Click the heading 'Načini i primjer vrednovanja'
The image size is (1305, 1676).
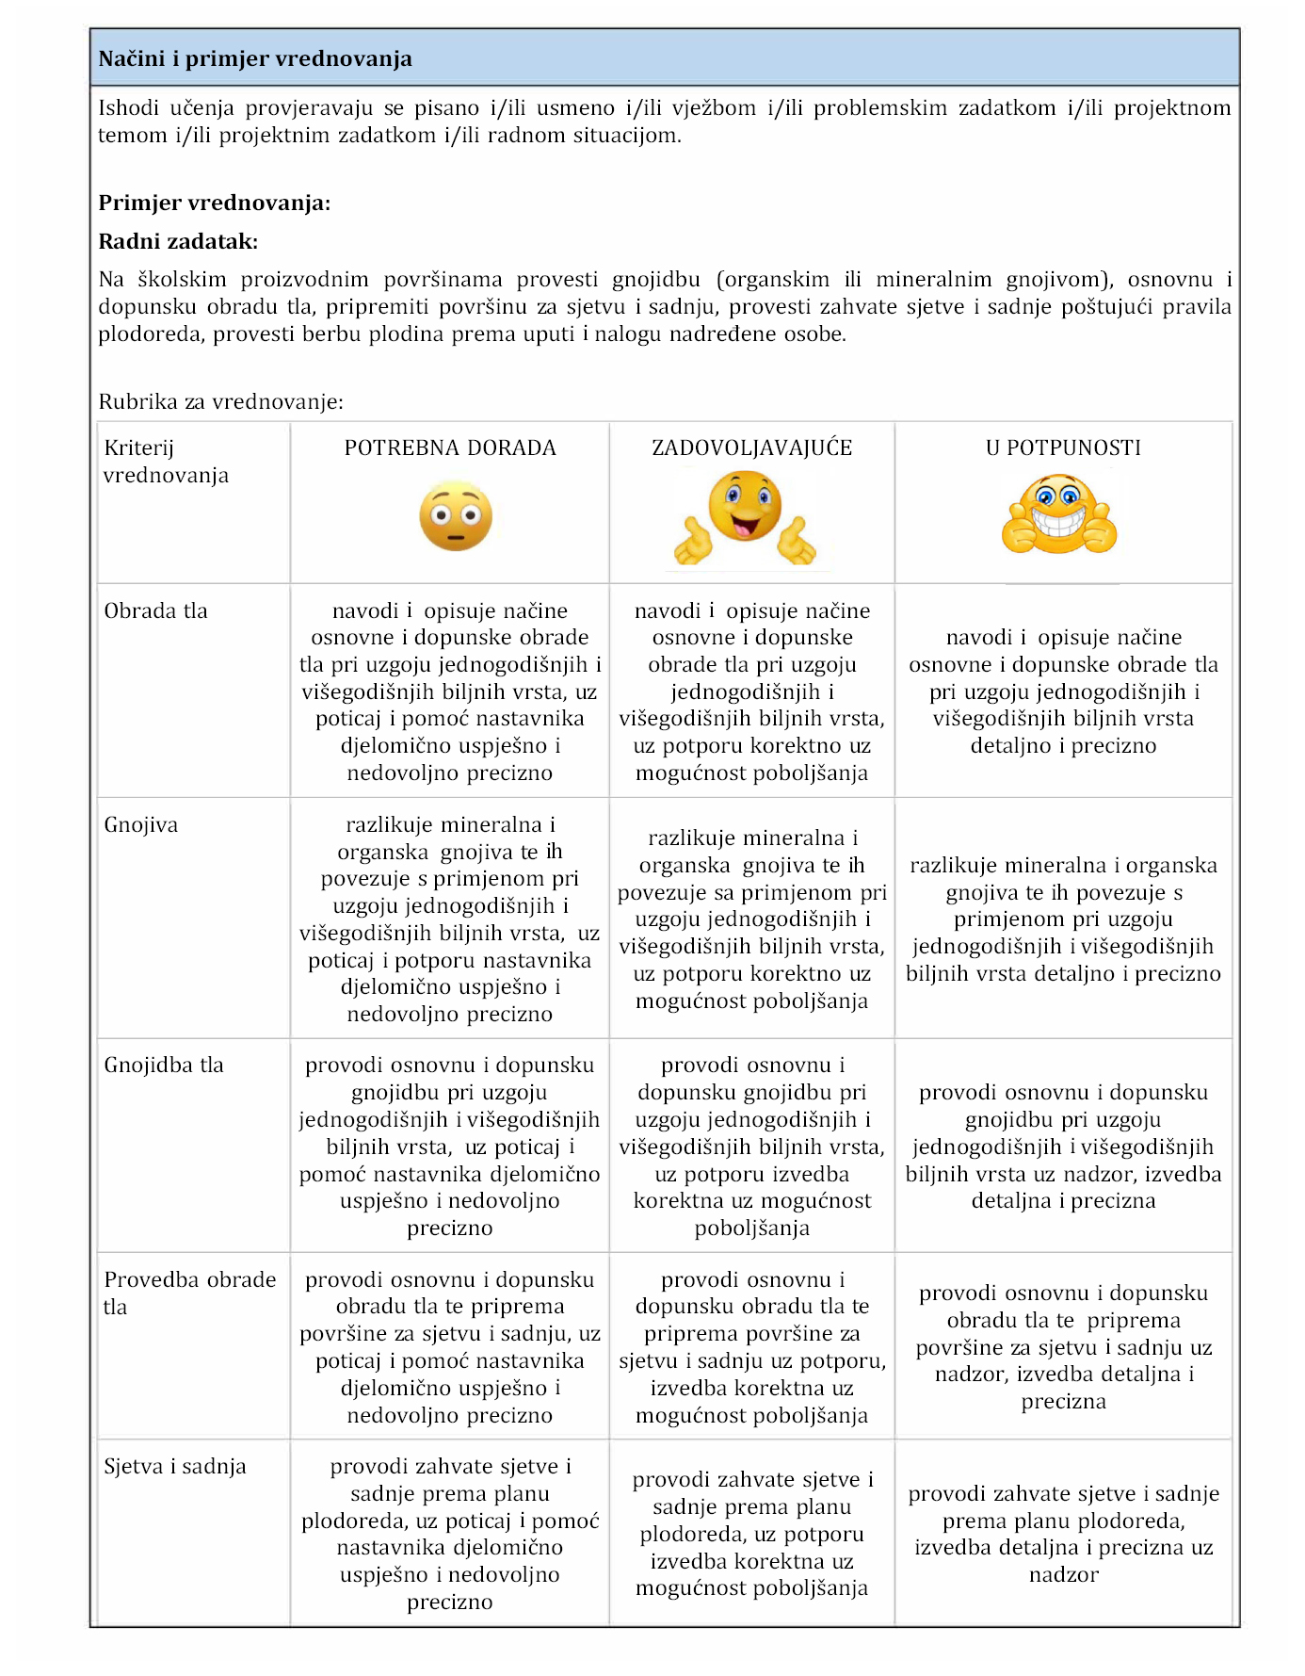click(x=255, y=59)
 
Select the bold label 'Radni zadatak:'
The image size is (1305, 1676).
click(x=178, y=242)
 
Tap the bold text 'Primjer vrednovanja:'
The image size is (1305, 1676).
click(x=215, y=203)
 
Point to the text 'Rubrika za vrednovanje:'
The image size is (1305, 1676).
click(x=221, y=402)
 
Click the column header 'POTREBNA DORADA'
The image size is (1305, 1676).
click(x=450, y=448)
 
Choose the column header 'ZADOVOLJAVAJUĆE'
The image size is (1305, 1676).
click(x=751, y=448)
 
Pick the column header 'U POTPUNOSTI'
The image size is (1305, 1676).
click(x=1063, y=448)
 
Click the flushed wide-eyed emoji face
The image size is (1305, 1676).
click(x=456, y=517)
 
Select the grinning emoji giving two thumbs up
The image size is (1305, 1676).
click(x=1059, y=515)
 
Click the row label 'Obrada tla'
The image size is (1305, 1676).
click(x=155, y=611)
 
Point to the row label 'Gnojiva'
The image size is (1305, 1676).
click(x=141, y=825)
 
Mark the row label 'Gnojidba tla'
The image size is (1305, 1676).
click(x=164, y=1066)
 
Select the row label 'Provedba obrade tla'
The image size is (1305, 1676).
click(x=189, y=1294)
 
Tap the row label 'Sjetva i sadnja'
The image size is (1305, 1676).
click(x=175, y=1467)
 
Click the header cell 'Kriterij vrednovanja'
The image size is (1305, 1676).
click(x=166, y=462)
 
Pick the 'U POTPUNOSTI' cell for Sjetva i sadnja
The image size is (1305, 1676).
click(x=1063, y=1534)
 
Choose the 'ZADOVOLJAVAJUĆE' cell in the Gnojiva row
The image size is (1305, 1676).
click(x=751, y=919)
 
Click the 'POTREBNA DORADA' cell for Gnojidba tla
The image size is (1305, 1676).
click(x=450, y=1147)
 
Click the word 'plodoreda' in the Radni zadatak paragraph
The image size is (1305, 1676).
click(x=146, y=334)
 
